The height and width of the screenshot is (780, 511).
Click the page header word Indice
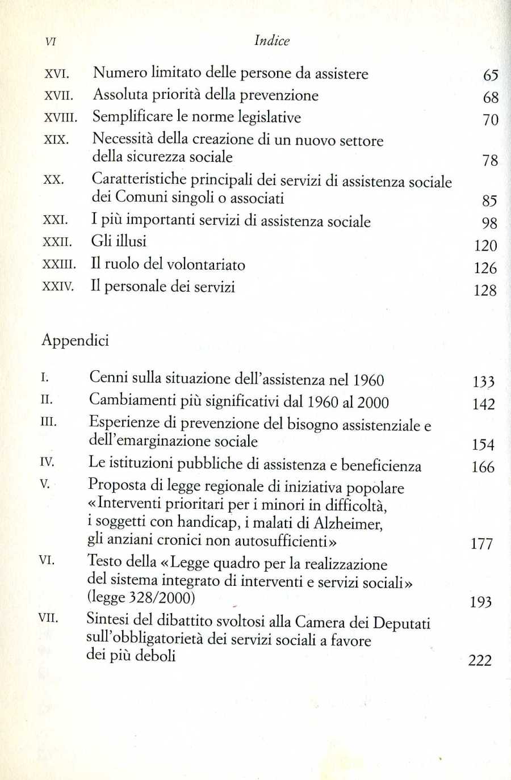point(272,40)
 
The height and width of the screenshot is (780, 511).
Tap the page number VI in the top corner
point(50,41)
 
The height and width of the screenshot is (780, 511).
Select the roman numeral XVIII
point(60,118)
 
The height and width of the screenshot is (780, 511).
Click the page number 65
point(491,75)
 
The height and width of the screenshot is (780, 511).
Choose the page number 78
point(490,161)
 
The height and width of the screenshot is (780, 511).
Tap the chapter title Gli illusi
point(119,241)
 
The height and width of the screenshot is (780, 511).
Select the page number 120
point(485,246)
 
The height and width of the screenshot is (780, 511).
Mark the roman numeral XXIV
point(58,287)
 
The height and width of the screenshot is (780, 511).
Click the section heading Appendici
point(75,341)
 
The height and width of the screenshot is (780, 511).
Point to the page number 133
point(483,381)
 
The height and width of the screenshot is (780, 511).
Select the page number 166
point(483,467)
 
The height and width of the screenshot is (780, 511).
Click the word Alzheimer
point(347,523)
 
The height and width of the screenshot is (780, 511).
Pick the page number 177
point(481,544)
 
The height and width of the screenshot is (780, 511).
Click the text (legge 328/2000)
point(141,597)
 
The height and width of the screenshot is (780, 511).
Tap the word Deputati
point(401,623)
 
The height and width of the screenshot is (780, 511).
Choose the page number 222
point(480,660)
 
